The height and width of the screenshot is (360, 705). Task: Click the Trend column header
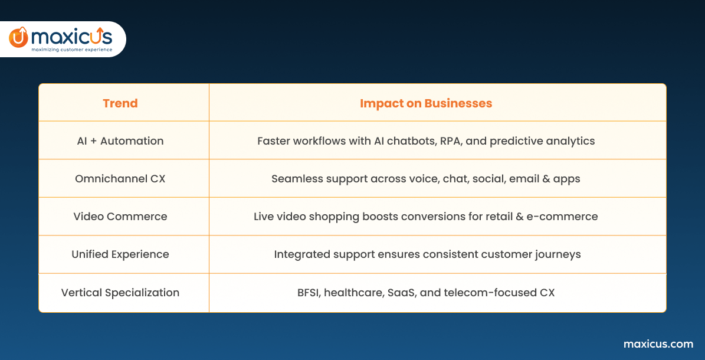[120, 103]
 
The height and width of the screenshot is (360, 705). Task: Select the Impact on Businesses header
[426, 103]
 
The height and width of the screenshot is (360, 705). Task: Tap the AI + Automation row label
[120, 141]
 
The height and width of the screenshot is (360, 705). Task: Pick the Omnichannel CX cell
[120, 179]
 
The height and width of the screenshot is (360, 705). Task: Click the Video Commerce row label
[120, 217]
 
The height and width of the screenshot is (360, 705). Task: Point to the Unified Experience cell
[120, 254]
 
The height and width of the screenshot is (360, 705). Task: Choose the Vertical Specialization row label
[120, 293]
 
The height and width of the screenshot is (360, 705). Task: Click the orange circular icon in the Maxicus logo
[18, 37]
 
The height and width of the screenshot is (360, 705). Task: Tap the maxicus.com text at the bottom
[658, 344]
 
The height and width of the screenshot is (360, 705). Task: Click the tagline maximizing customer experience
[71, 50]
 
